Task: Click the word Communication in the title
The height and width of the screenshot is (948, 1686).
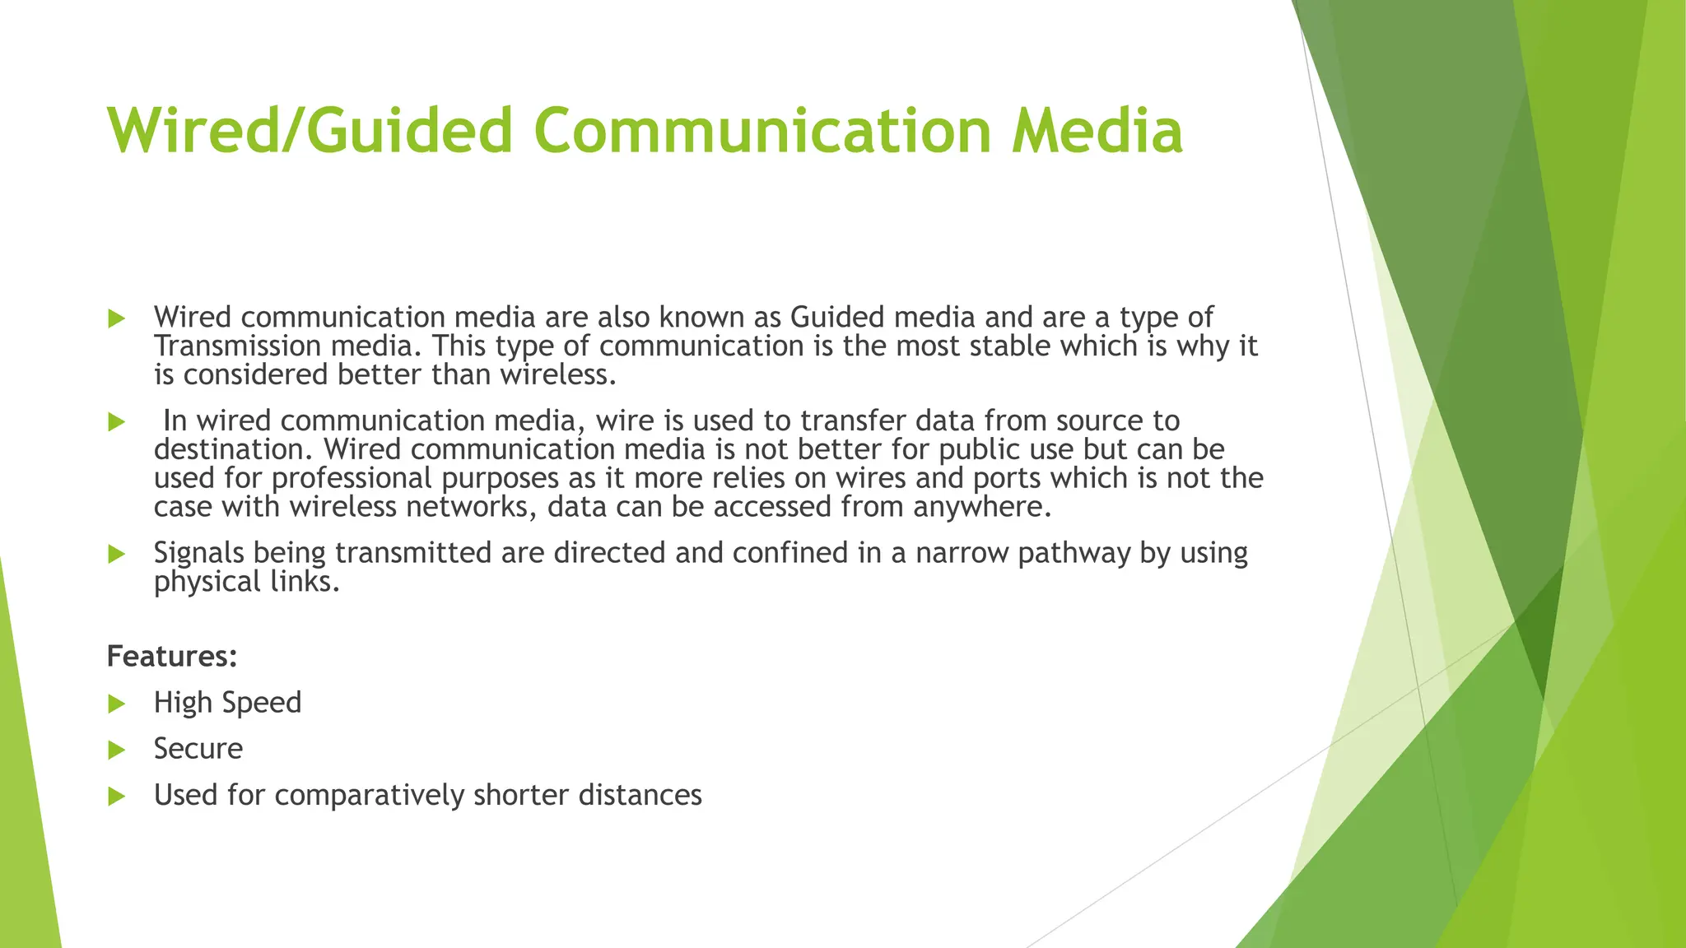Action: click(x=762, y=130)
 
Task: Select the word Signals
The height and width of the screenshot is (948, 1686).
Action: click(x=198, y=553)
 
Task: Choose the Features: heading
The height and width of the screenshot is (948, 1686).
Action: click(x=172, y=657)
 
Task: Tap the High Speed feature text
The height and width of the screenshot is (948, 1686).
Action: click(x=227, y=703)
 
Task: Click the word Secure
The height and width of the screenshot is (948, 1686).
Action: click(x=198, y=749)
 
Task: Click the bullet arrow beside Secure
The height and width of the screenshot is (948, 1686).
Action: click(x=116, y=750)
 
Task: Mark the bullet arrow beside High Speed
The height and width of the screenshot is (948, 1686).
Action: click(x=116, y=704)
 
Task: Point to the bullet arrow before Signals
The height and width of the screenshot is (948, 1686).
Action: click(x=116, y=554)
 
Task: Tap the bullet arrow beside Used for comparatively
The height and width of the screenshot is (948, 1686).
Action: click(x=116, y=796)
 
